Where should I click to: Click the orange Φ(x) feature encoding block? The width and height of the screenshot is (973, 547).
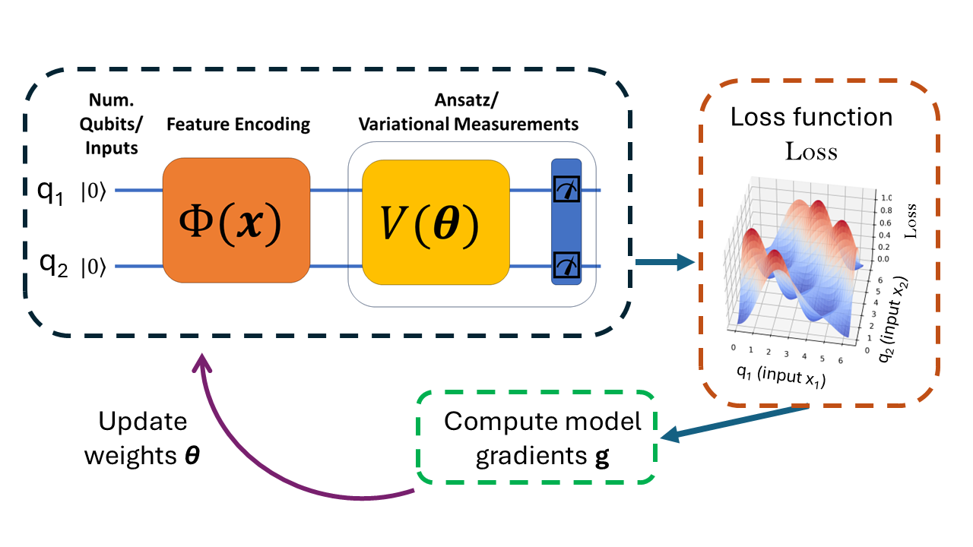[x=236, y=220]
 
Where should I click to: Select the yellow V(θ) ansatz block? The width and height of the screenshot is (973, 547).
[x=436, y=222]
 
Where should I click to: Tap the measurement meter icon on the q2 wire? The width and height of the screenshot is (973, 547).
[x=566, y=265]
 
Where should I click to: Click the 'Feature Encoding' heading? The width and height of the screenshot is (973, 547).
[x=238, y=125]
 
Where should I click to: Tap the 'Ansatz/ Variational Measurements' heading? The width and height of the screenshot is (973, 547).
[x=468, y=112]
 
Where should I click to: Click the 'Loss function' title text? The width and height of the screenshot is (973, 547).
[x=811, y=117]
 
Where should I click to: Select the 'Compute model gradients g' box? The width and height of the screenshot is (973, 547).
[x=535, y=439]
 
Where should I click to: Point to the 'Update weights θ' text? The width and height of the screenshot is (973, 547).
[x=143, y=438]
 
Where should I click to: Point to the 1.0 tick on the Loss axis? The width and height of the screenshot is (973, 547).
[x=885, y=194]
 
